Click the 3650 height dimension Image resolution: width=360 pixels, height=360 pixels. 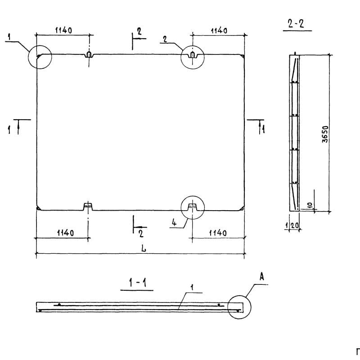(x=325, y=134)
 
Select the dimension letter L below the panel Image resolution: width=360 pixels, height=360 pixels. (x=144, y=248)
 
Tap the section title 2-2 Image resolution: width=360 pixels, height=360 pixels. (x=296, y=24)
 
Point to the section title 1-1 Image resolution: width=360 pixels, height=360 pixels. (x=138, y=283)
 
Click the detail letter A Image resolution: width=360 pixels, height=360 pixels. (x=262, y=277)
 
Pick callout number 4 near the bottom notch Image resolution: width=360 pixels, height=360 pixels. (x=174, y=222)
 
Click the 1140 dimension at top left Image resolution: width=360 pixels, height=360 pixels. (x=63, y=30)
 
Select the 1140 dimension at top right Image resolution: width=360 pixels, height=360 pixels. (x=219, y=31)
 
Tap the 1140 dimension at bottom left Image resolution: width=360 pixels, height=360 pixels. (x=65, y=233)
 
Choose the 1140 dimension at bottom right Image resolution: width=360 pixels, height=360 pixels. (x=218, y=233)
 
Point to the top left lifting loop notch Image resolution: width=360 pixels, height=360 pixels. (x=89, y=54)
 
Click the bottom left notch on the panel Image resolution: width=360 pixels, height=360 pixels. (x=88, y=206)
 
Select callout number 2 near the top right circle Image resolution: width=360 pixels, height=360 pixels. (x=165, y=39)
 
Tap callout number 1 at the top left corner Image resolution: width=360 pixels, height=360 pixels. (x=9, y=37)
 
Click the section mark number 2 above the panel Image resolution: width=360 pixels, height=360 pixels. (x=139, y=31)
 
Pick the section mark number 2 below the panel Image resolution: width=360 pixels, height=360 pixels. (x=141, y=234)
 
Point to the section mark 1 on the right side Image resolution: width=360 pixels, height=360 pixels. (x=264, y=130)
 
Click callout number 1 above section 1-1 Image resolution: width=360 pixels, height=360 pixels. (x=193, y=287)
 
